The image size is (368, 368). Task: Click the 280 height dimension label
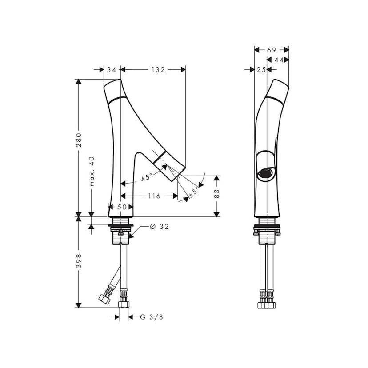[x=79, y=140]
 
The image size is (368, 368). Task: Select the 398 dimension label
[x=79, y=260]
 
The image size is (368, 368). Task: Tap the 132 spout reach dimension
[x=158, y=69]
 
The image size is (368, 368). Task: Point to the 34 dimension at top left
[x=112, y=69]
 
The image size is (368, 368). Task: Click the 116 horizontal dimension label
[x=154, y=196]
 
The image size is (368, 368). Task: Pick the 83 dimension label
[x=216, y=193]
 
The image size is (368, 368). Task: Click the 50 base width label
[x=122, y=207]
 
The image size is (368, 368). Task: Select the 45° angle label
[x=147, y=177]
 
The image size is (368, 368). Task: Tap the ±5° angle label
[x=194, y=192]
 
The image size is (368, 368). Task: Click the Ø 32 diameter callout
[x=160, y=227]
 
